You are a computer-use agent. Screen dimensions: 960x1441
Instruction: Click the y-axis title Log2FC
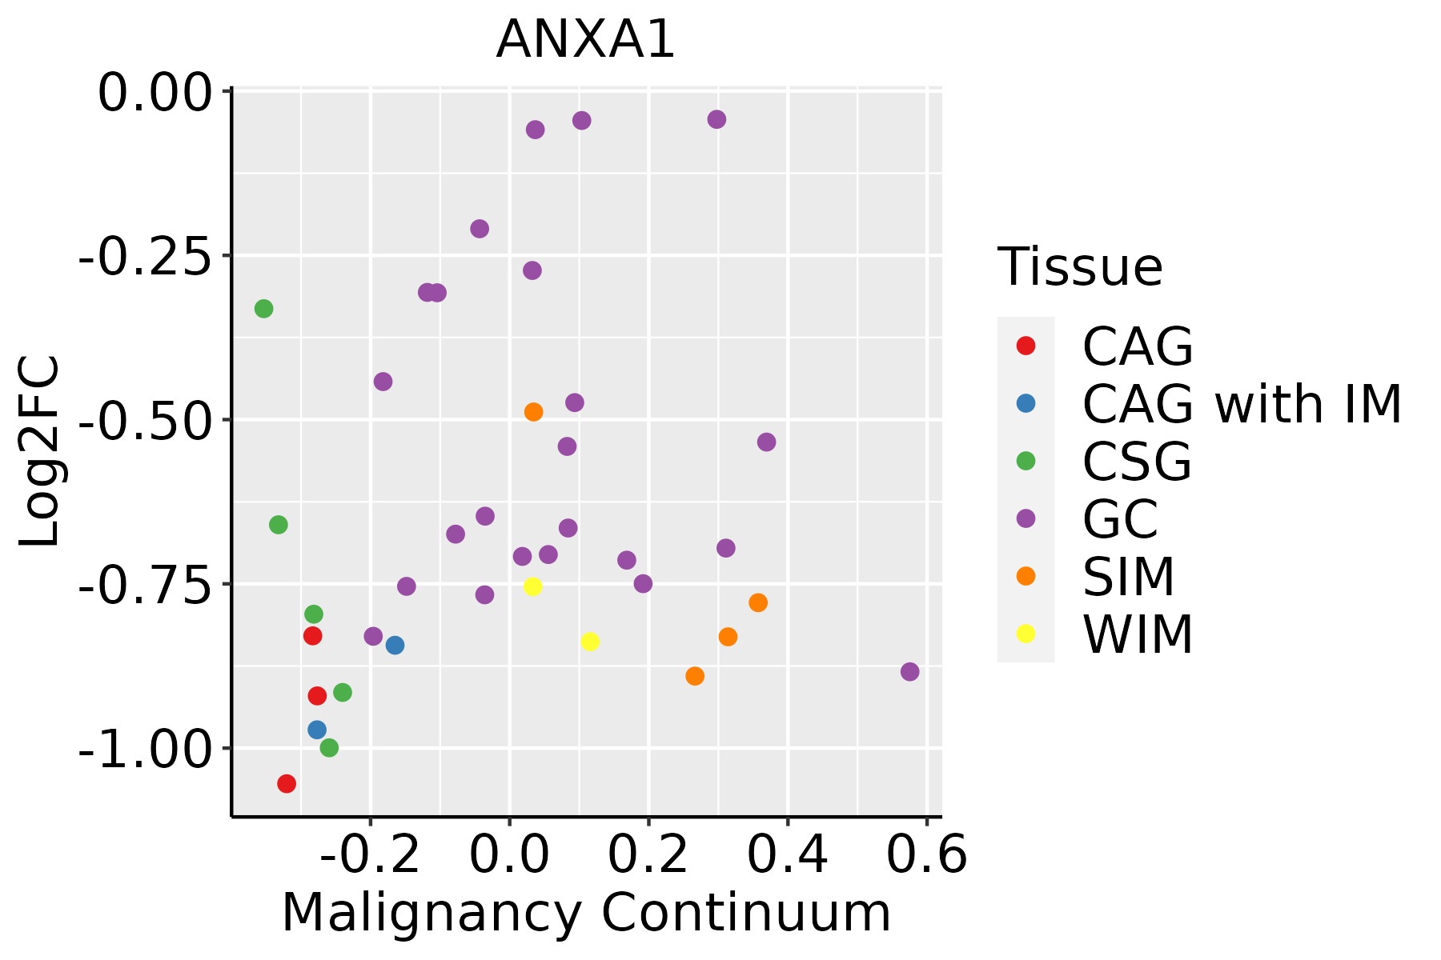[40, 452]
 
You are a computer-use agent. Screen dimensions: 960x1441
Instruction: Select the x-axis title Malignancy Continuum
[586, 913]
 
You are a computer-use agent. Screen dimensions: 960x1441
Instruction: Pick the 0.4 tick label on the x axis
[788, 855]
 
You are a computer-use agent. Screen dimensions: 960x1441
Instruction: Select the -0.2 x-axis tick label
[370, 855]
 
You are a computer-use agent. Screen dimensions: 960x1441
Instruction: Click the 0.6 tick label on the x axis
[927, 855]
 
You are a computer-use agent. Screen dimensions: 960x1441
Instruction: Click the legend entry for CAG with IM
[1242, 404]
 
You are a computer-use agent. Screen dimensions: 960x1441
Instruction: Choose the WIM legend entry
[1138, 634]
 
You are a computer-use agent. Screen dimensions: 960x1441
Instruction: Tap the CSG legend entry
[1137, 462]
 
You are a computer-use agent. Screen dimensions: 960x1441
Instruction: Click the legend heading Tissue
[1080, 267]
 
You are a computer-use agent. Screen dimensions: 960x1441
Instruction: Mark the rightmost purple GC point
[909, 672]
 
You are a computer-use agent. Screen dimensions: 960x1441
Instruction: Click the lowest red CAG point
[287, 784]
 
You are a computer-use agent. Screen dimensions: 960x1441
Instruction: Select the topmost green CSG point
[263, 309]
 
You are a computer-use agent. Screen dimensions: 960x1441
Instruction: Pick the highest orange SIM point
[533, 412]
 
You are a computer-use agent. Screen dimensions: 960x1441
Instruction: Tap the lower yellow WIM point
[590, 642]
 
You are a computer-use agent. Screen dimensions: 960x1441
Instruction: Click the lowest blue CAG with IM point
[317, 730]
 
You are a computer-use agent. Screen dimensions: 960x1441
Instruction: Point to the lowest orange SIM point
[695, 676]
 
